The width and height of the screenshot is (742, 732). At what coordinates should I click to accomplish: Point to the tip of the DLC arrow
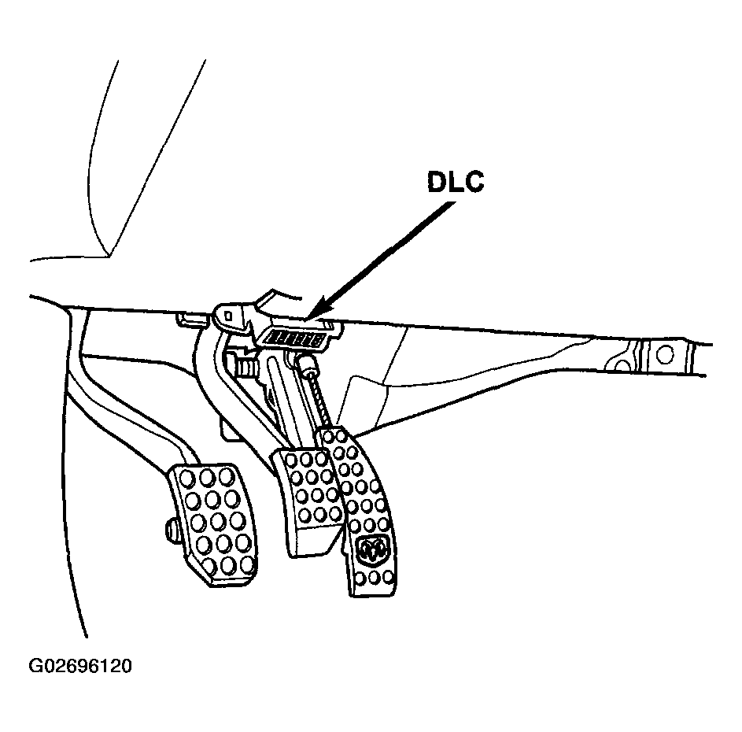[x=307, y=318]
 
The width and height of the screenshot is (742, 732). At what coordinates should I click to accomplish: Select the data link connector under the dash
[x=294, y=338]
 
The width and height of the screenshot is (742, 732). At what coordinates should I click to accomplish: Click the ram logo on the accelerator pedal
[x=372, y=550]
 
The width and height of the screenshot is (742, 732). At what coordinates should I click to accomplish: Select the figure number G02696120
[x=80, y=666]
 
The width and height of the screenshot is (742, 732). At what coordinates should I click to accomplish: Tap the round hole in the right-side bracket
[x=665, y=354]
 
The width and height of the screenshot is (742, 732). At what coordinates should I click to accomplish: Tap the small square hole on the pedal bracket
[x=228, y=315]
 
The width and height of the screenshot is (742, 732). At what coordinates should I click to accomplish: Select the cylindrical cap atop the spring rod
[x=307, y=365]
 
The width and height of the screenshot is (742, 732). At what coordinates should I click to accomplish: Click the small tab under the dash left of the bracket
[x=192, y=319]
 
